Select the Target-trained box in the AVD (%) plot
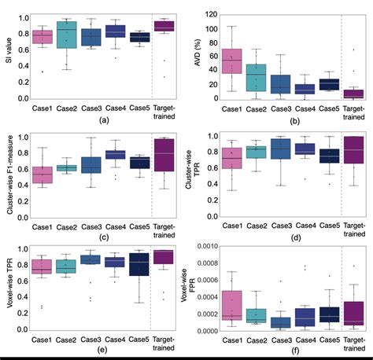point(353,94)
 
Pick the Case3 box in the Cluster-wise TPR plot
point(279,149)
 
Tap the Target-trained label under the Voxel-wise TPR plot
point(164,341)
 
